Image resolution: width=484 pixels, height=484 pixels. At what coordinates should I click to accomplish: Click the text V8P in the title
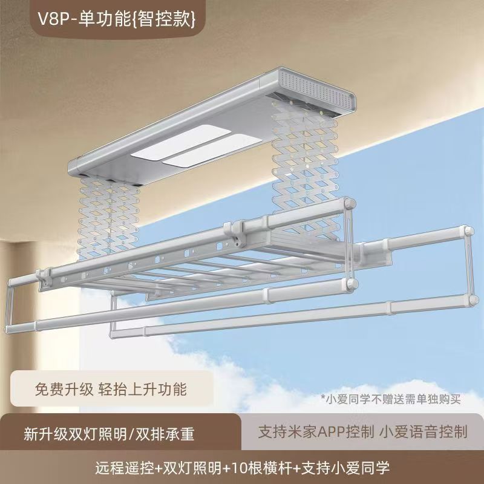[x=53, y=19]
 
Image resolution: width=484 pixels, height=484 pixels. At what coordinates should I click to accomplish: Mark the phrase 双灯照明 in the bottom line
[x=192, y=468]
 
